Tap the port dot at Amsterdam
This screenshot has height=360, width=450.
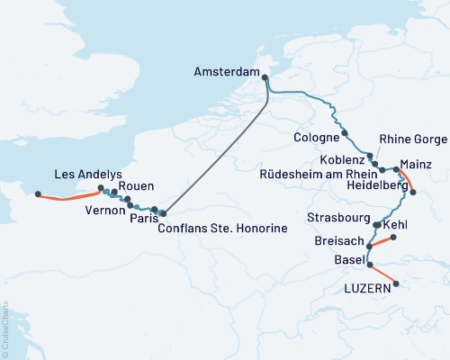(265, 77)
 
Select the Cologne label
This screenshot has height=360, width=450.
(316, 137)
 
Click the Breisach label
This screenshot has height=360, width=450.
(339, 242)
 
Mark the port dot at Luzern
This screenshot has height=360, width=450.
(395, 285)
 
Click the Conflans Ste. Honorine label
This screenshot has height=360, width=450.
(221, 229)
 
